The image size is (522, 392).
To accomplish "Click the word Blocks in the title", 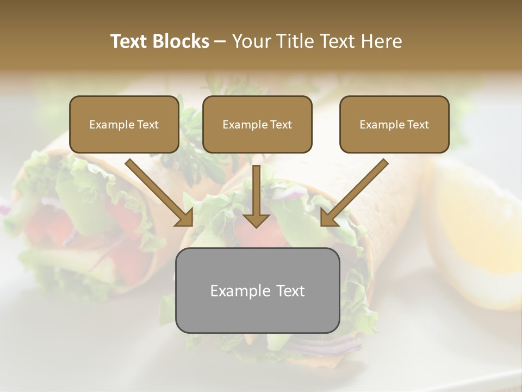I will (x=183, y=41).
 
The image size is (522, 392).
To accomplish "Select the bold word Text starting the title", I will (x=130, y=41).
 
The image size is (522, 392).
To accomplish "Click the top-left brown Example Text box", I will (x=124, y=125).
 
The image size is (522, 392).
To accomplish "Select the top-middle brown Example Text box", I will (x=257, y=125).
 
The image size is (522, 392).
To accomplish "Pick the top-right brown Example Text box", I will (x=394, y=125).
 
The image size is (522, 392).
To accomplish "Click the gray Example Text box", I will (x=257, y=290).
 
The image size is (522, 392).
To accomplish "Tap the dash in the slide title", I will (x=220, y=41).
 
